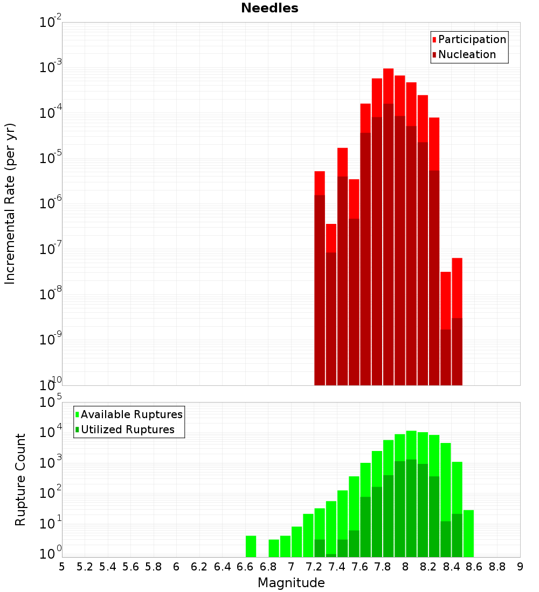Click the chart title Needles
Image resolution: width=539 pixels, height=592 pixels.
click(269, 8)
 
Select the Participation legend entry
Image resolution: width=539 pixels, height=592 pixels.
click(472, 39)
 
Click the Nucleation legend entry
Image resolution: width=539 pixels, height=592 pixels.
click(467, 54)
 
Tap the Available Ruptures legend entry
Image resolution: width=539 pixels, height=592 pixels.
click(131, 414)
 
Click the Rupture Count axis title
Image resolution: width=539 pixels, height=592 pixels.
click(20, 479)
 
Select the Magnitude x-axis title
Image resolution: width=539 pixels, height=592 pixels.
click(291, 583)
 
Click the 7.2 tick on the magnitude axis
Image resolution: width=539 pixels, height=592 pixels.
click(314, 567)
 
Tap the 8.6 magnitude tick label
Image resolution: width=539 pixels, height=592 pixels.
click(474, 567)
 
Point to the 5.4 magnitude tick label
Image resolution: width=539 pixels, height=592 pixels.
click(108, 567)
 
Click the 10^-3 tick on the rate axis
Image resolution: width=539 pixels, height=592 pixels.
click(51, 67)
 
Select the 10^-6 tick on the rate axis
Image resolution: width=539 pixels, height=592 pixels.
click(51, 203)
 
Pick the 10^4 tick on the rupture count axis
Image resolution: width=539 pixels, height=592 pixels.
click(51, 432)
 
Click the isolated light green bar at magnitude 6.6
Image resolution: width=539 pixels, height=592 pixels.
click(251, 546)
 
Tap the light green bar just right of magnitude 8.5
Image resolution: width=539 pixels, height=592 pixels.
click(468, 533)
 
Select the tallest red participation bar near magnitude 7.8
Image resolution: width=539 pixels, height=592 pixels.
click(388, 86)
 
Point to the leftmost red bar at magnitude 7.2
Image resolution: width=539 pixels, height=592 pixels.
click(320, 183)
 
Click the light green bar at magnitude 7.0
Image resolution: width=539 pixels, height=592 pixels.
click(296, 541)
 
